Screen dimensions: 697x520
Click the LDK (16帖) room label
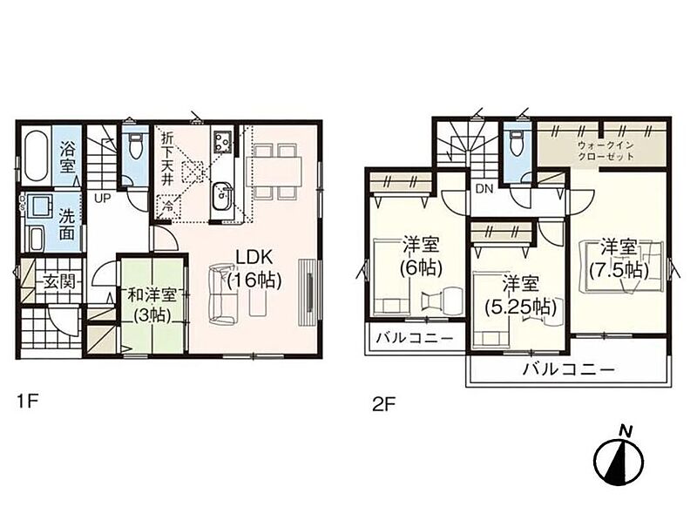[x=254, y=269]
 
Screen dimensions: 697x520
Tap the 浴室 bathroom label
[x=68, y=157]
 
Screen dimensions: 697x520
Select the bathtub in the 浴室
[x=36, y=155]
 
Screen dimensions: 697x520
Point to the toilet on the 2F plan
[x=517, y=143]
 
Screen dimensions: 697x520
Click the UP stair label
[x=102, y=199]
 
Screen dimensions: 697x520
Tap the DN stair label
[x=484, y=189]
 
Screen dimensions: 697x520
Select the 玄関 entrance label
[x=59, y=281]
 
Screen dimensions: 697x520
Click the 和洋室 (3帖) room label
[x=152, y=305]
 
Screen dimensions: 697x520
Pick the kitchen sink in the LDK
[x=221, y=198]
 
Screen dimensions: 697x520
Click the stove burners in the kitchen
[x=221, y=141]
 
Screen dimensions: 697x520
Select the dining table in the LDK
[x=274, y=171]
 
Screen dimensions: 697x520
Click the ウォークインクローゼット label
[x=606, y=151]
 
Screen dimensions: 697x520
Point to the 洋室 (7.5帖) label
[x=619, y=259]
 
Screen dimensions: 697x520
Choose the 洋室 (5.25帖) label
[x=520, y=295]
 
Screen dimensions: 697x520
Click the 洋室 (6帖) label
[x=421, y=256]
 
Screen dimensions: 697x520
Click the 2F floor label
[x=383, y=405]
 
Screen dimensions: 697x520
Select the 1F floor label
[x=28, y=402]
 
